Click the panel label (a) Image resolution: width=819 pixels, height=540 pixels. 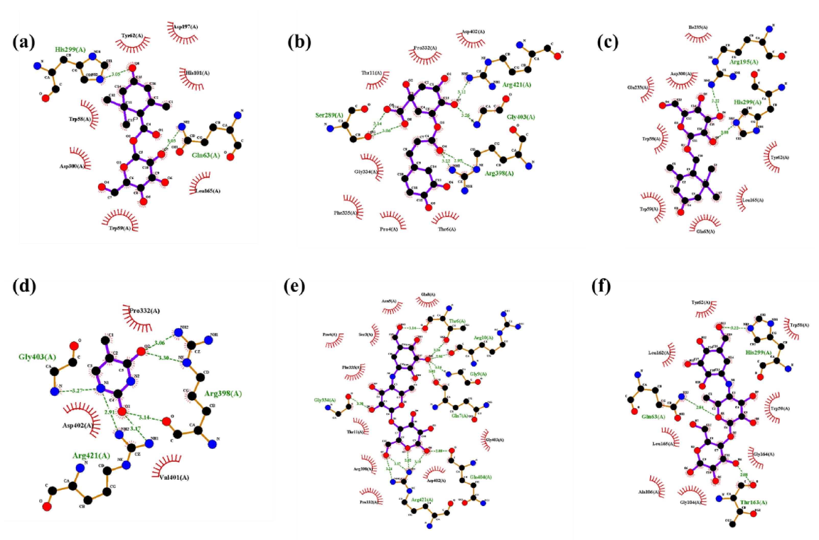[x=23, y=42]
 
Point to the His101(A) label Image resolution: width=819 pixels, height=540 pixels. [x=197, y=73]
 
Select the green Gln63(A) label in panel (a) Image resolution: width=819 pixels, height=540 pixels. [x=206, y=155]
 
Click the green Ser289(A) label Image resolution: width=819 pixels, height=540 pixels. [x=329, y=115]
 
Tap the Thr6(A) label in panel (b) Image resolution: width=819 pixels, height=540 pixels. [x=447, y=229]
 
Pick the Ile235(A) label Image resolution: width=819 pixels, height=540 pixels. [x=698, y=27]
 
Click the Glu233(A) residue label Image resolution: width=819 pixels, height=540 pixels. [x=638, y=88]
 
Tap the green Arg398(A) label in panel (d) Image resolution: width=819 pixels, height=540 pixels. [x=223, y=393]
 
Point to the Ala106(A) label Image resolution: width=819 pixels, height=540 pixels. [x=648, y=492]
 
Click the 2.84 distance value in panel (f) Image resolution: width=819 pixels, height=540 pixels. [x=699, y=407]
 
